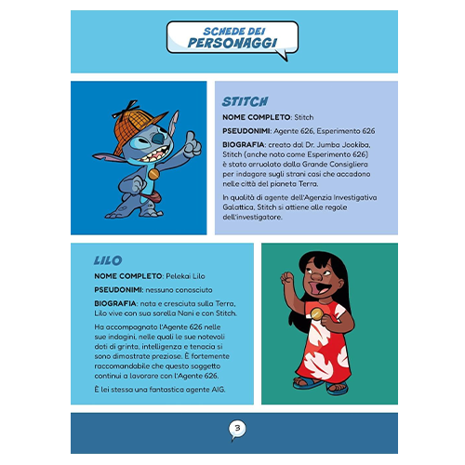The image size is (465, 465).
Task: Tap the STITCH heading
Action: point(246,101)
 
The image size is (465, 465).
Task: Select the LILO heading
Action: point(108,261)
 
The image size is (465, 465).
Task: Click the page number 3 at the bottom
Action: point(236,429)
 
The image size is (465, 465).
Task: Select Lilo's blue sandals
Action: point(320,384)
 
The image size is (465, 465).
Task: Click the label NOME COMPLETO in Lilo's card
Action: point(128,277)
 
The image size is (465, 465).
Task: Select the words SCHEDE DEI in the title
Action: point(232,30)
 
